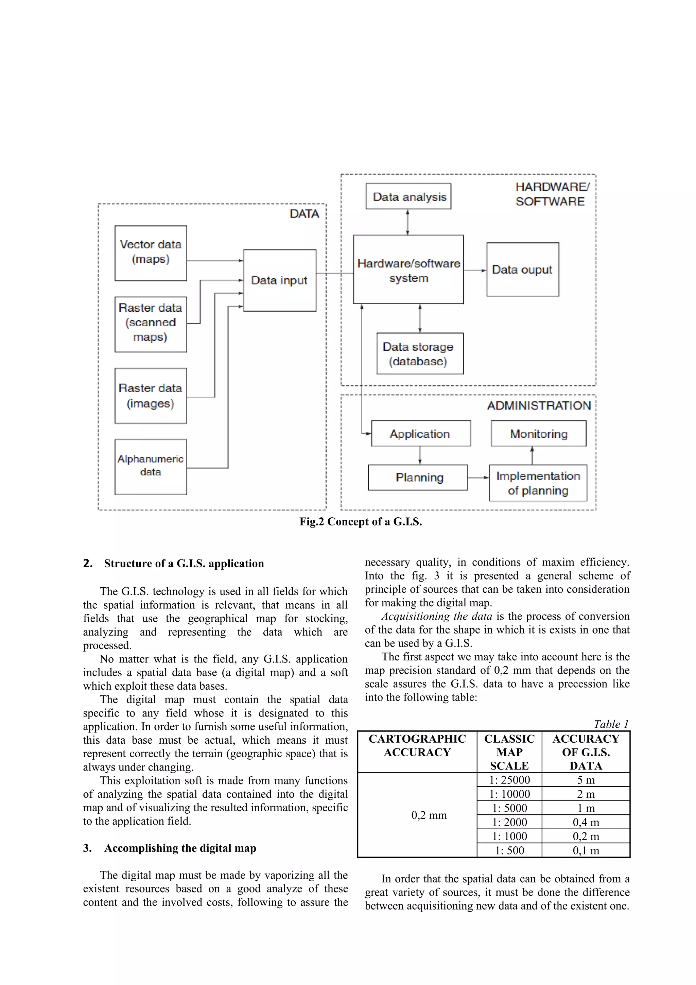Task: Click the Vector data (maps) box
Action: (x=151, y=253)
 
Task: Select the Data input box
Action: (x=280, y=280)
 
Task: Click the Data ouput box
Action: (x=522, y=270)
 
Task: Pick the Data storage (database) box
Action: (x=420, y=353)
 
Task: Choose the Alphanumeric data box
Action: (x=151, y=467)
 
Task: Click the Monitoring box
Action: (x=539, y=434)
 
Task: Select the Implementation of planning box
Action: (x=538, y=483)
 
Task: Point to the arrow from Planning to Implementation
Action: (x=478, y=478)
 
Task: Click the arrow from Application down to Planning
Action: (x=420, y=455)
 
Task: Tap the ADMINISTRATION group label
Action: (x=539, y=406)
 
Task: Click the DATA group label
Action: (x=304, y=214)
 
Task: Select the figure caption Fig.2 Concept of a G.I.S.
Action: (x=361, y=522)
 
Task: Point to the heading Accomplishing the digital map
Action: (x=180, y=848)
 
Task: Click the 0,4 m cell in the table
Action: (x=586, y=822)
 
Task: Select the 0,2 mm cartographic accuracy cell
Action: (x=429, y=815)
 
